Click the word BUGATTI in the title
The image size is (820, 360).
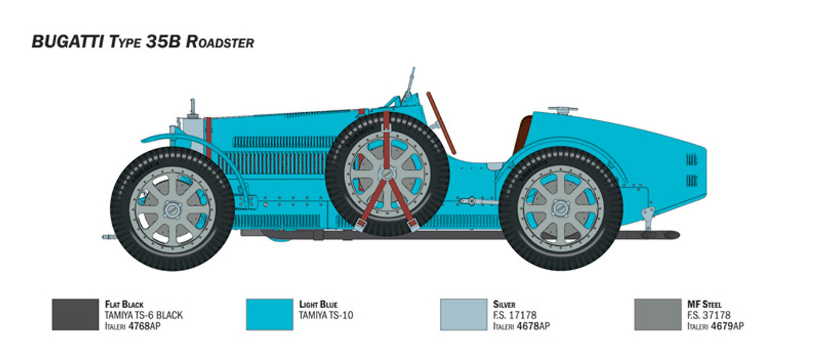[68, 42]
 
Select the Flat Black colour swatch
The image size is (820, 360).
[76, 315]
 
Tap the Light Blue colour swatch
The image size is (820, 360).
[270, 315]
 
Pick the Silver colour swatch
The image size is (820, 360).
[463, 315]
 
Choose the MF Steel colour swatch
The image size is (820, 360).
[658, 315]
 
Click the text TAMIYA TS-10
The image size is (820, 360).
[326, 315]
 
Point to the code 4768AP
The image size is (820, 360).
[144, 326]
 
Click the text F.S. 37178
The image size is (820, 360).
[709, 315]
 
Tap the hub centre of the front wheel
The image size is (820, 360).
[171, 209]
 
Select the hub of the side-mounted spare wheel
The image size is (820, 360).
[388, 173]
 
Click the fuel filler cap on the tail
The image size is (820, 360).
[563, 110]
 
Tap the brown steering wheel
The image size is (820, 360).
[441, 123]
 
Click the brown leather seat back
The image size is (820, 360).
[521, 135]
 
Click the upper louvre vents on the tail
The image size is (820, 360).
[691, 160]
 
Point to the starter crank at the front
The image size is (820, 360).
[110, 237]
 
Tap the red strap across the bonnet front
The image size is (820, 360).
[208, 137]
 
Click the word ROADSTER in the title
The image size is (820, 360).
[220, 42]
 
